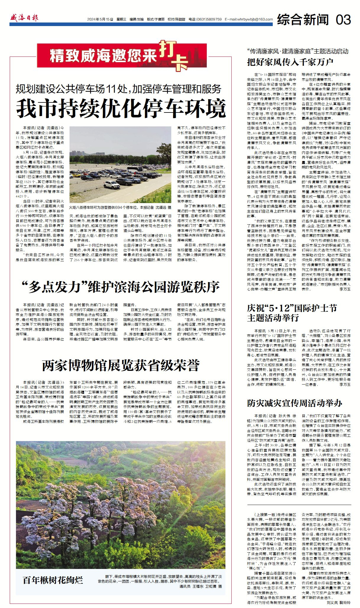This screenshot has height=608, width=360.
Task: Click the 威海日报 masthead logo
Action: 24,18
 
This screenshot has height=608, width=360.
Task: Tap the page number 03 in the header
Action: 343,20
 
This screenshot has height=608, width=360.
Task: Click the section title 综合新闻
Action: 303,20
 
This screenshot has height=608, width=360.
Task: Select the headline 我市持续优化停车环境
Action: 121,109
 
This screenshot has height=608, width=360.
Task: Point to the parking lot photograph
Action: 120,165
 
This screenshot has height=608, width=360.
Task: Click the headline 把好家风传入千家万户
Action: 290,62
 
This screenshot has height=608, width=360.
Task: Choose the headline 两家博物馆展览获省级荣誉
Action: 121,366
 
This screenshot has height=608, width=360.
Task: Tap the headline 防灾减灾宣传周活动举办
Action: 295,403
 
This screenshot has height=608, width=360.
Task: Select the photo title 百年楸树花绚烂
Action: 53,580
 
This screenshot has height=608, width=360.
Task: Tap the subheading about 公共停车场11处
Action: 119,89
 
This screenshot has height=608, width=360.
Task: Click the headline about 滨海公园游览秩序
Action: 121,286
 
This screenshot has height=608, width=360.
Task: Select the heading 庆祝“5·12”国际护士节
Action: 292,308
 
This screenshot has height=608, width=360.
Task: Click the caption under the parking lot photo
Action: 120,208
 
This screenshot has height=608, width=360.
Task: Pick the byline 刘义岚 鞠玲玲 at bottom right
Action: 338,602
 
